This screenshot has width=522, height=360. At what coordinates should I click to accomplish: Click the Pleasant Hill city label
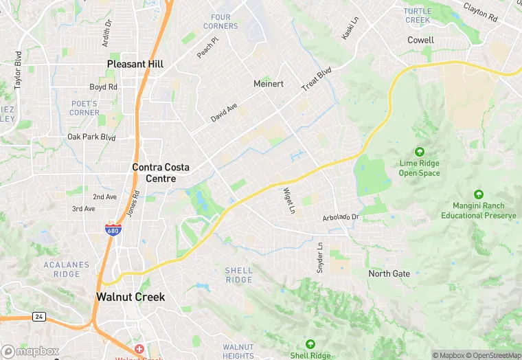135,64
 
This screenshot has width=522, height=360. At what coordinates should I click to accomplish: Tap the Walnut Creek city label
130,297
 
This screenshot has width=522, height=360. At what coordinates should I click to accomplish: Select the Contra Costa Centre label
161,172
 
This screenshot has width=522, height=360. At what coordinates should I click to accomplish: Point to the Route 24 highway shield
38,316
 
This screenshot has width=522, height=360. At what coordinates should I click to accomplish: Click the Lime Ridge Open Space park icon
419,152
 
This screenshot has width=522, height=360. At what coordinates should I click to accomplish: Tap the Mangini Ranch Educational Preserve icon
478,194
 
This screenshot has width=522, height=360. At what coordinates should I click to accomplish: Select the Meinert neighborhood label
268,84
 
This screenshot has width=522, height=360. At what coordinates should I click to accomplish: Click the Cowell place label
420,41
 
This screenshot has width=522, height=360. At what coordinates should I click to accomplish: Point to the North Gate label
389,273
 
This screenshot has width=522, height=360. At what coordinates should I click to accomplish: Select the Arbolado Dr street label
341,218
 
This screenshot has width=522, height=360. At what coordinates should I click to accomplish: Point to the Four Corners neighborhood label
220,21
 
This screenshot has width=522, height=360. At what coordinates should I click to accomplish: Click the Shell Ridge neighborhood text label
238,275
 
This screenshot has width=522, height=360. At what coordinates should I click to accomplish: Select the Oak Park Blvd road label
91,137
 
